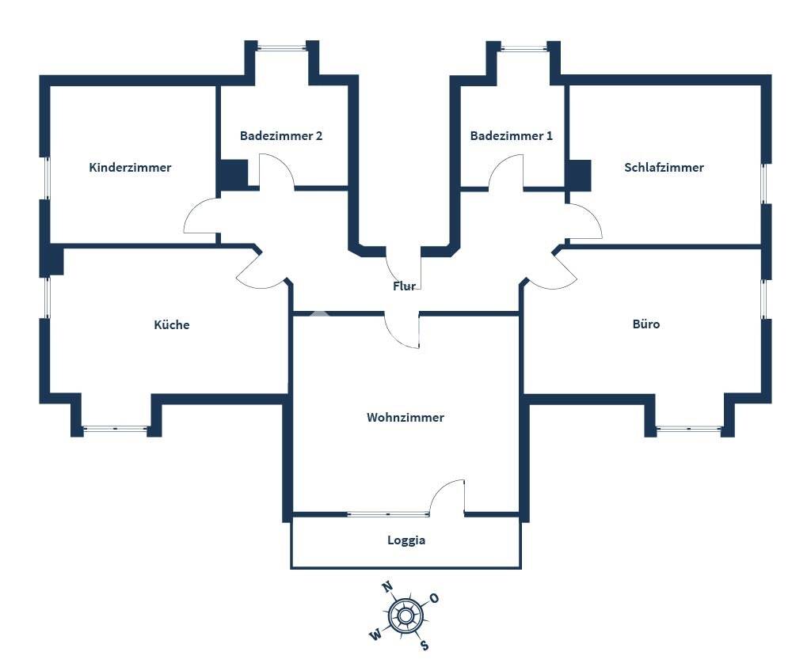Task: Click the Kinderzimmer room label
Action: click(x=130, y=168)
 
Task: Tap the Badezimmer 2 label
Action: click(x=281, y=136)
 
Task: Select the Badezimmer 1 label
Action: click(x=512, y=136)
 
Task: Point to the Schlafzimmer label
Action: click(x=664, y=168)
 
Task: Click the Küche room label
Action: click(x=172, y=325)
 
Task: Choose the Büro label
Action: click(x=646, y=324)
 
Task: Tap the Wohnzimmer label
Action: click(x=405, y=418)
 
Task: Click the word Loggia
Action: click(x=406, y=541)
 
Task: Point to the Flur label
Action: click(x=404, y=286)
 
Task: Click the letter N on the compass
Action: click(x=387, y=587)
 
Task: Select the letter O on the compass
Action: click(x=434, y=598)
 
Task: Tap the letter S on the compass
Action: click(x=425, y=645)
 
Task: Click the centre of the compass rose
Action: click(x=405, y=616)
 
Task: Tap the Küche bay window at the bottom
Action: click(x=116, y=429)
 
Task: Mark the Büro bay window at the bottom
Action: click(x=689, y=429)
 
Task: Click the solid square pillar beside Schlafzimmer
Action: click(x=579, y=176)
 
